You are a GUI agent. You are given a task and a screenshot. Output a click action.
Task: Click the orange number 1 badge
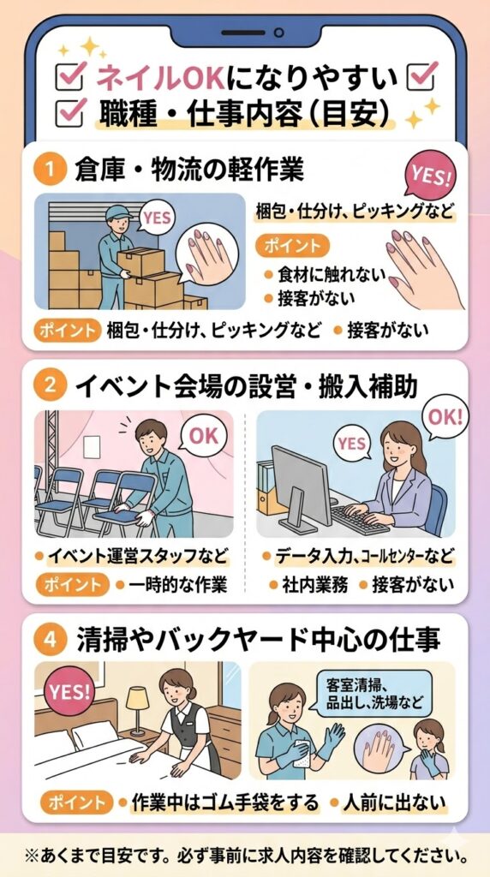coord(51,171)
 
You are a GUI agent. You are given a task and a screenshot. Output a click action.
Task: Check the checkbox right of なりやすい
coord(421,76)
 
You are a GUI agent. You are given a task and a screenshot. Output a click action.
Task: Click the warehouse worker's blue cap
coord(118,213)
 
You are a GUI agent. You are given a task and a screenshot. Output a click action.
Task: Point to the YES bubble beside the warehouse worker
coord(156,218)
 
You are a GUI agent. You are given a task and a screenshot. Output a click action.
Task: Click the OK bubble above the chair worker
coord(203,435)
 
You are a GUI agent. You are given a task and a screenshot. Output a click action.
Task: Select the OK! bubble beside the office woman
coord(445,417)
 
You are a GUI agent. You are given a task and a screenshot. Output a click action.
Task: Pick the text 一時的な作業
coord(177,586)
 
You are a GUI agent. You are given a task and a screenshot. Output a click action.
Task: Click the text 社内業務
coord(315,586)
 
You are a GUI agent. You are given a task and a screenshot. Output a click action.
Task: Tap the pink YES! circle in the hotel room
coord(69,692)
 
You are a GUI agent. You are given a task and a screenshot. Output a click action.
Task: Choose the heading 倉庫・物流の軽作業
coord(189,171)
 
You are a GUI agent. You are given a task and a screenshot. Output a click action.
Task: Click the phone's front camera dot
coord(278,33)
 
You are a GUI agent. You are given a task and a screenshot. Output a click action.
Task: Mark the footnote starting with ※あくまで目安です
coord(245,856)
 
